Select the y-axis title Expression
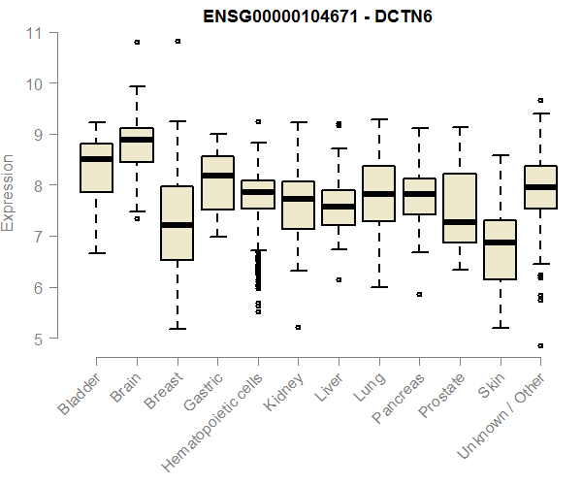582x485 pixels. pyautogui.click(x=9, y=192)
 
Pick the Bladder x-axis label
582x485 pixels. pyautogui.click(x=80, y=393)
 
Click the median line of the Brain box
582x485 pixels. pyautogui.click(x=136, y=140)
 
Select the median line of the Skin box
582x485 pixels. pyautogui.click(x=500, y=242)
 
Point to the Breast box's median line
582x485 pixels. pyautogui.click(x=177, y=225)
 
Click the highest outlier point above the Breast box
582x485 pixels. pyautogui.click(x=178, y=42)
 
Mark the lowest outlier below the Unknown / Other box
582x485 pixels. pyautogui.click(x=540, y=345)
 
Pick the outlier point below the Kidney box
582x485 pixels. pyautogui.click(x=298, y=328)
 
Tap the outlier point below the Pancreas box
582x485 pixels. pyautogui.click(x=419, y=294)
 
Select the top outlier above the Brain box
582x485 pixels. pyautogui.click(x=137, y=43)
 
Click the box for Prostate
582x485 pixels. pyautogui.click(x=460, y=209)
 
